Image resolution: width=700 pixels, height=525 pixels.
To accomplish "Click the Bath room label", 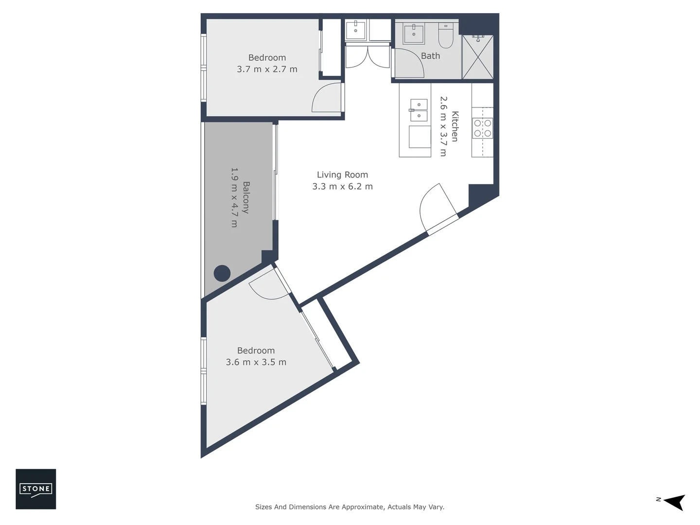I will [430, 56].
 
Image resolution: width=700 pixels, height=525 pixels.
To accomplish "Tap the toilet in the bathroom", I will [445, 36].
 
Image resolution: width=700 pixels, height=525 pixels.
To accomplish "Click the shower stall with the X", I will [477, 57].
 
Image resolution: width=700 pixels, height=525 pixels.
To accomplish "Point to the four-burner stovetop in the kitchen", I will [483, 128].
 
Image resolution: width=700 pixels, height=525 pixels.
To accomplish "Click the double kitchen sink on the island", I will [418, 110].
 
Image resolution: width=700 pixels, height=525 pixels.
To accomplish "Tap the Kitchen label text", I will [455, 126].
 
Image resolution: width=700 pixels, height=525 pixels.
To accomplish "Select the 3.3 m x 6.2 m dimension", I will [342, 187].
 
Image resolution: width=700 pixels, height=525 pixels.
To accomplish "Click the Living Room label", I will [342, 175].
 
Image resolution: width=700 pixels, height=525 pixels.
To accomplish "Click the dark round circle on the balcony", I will [222, 273].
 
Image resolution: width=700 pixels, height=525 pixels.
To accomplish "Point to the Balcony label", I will [246, 197].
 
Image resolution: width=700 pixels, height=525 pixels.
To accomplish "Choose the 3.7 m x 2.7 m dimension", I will [267, 69].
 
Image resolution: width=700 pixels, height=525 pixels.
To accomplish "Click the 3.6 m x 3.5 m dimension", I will [256, 362].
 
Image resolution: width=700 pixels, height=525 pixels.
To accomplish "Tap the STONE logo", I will [36, 489].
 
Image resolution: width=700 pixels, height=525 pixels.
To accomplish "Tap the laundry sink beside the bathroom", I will [356, 30].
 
